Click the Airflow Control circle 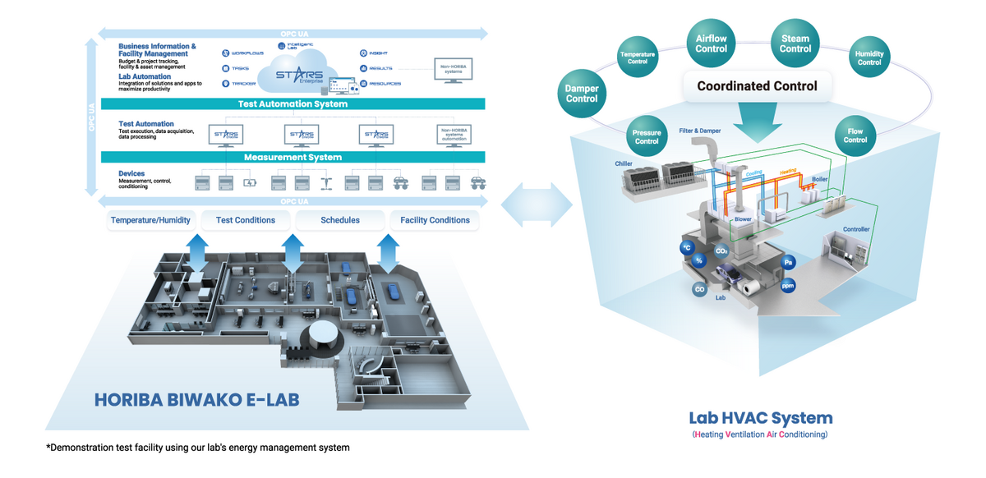[x=712, y=44]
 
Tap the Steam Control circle [x=795, y=44]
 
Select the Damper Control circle [x=582, y=94]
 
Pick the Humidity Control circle [x=869, y=57]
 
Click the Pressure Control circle [x=647, y=136]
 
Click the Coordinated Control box [x=757, y=86]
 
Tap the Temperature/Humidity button [x=150, y=220]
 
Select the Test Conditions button [x=245, y=220]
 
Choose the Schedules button [x=340, y=220]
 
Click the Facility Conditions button [x=435, y=220]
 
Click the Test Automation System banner [x=292, y=104]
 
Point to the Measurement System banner [x=292, y=157]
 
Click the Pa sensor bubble [x=788, y=263]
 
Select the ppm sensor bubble [x=787, y=286]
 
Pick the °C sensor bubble [x=686, y=247]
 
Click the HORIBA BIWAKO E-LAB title [x=196, y=400]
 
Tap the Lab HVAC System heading [x=760, y=418]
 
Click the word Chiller [x=624, y=163]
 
